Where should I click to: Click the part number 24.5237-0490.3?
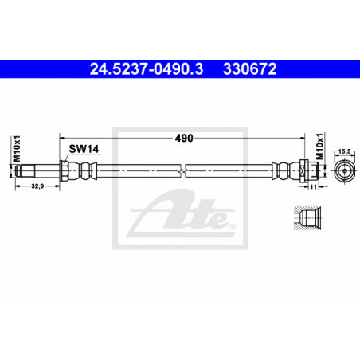(147, 69)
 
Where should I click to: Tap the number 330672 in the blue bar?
(250, 69)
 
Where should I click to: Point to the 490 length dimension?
(184, 138)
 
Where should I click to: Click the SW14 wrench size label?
(84, 149)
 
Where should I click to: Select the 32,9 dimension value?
(37, 186)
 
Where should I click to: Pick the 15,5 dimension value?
(344, 151)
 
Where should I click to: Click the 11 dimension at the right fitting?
(313, 187)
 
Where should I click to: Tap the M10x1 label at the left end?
(17, 149)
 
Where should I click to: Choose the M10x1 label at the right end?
(320, 147)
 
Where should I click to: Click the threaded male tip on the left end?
(25, 171)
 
